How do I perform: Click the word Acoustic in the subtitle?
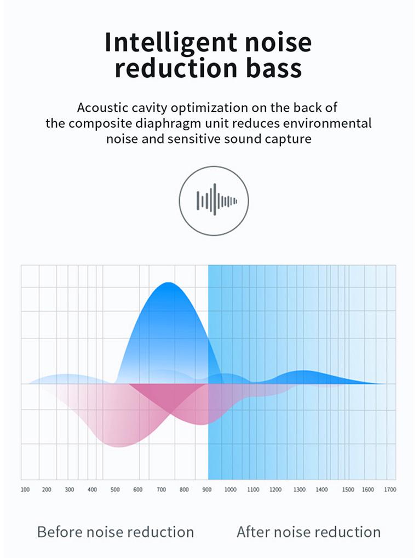[x=102, y=107]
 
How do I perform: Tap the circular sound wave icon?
[x=214, y=201]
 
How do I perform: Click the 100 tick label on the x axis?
[x=25, y=490]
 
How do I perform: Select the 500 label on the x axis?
[x=115, y=490]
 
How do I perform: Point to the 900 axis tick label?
[x=207, y=490]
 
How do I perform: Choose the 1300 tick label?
[x=300, y=490]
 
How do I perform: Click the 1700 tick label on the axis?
[x=390, y=490]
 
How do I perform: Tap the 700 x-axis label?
[x=161, y=490]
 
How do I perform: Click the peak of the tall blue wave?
[x=168, y=283]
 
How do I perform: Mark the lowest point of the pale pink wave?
[x=118, y=447]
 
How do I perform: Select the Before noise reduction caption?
[x=116, y=532]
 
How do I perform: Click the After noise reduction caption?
[x=309, y=532]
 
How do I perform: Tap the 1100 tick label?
[x=253, y=490]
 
